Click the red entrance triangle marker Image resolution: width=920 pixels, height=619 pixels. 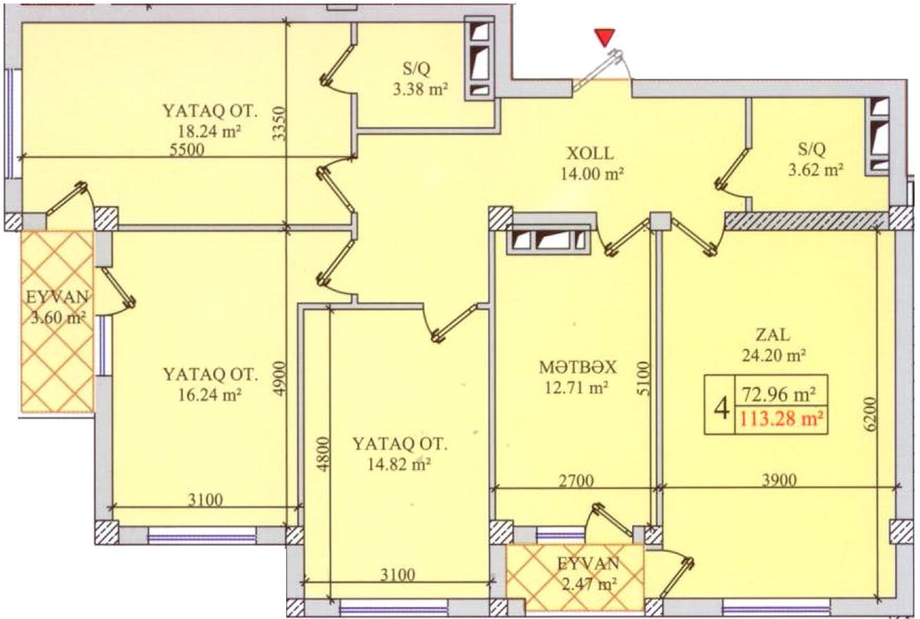point(606,37)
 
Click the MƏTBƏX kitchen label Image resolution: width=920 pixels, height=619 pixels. point(577,367)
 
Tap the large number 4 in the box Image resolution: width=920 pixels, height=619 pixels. point(721,409)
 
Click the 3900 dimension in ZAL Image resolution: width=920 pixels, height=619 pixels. point(779,480)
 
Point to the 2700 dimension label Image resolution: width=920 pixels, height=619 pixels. point(577,480)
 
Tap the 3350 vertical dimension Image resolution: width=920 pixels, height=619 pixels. point(280,123)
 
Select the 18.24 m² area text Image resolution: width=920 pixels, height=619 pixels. point(208,132)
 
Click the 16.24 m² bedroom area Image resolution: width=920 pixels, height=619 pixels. point(209,395)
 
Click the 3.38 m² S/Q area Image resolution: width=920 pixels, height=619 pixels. point(420,89)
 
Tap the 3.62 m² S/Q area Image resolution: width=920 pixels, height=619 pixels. point(815,170)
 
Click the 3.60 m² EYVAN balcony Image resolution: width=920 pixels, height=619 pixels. point(59,318)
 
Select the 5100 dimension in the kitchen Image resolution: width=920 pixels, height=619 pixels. point(643,378)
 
